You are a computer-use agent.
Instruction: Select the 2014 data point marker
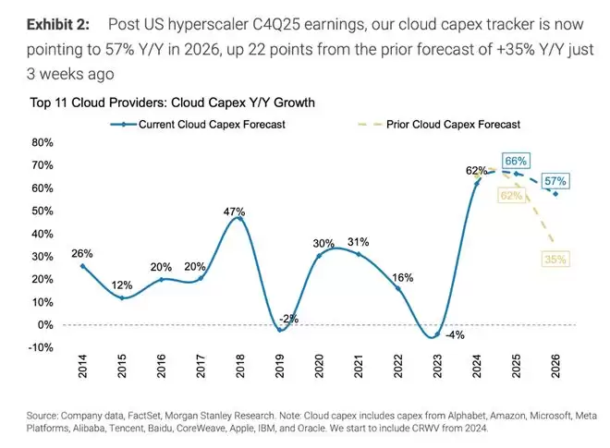coord(82,266)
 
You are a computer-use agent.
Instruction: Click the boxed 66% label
coord(516,161)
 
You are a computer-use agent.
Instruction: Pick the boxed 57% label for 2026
coord(555,180)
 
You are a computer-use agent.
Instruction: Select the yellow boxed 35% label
coord(555,260)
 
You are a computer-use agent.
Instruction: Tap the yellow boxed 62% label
coord(511,196)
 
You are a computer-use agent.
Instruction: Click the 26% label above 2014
coord(82,252)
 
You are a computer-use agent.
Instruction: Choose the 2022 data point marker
coord(397,289)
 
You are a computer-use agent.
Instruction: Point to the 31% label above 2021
coord(359,242)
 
